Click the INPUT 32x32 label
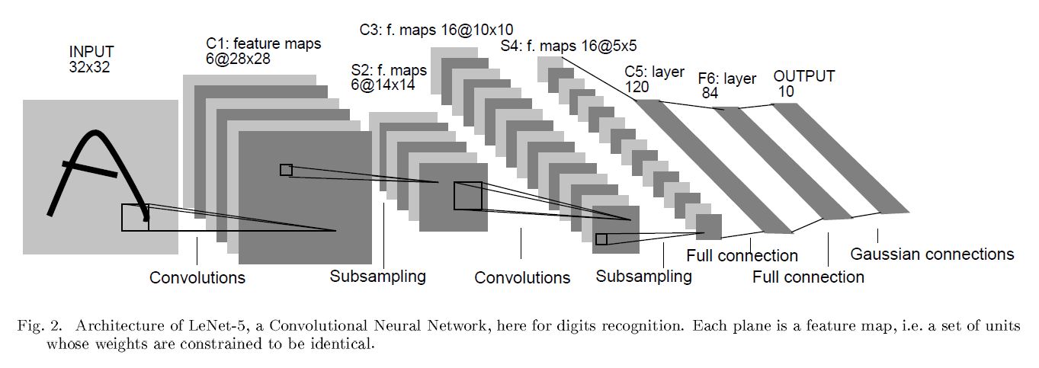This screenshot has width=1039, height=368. coord(91,59)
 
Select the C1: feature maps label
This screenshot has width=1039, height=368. coord(263,44)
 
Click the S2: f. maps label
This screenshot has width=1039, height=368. coord(388,70)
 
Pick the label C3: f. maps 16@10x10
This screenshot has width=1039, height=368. coord(437,30)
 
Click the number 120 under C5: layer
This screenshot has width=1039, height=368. coord(637,87)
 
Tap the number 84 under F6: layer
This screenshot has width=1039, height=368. coord(710,93)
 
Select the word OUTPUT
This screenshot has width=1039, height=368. coord(803,76)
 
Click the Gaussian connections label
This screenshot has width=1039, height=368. coord(932,254)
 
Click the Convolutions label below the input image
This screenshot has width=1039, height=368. coord(197,277)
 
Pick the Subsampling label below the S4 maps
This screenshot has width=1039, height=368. coord(643,276)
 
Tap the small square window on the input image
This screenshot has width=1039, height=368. coord(135,217)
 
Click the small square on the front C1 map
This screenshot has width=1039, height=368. coord(286,170)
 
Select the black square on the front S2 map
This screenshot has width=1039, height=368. coord(468,196)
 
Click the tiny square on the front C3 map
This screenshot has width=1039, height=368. coord(601,239)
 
